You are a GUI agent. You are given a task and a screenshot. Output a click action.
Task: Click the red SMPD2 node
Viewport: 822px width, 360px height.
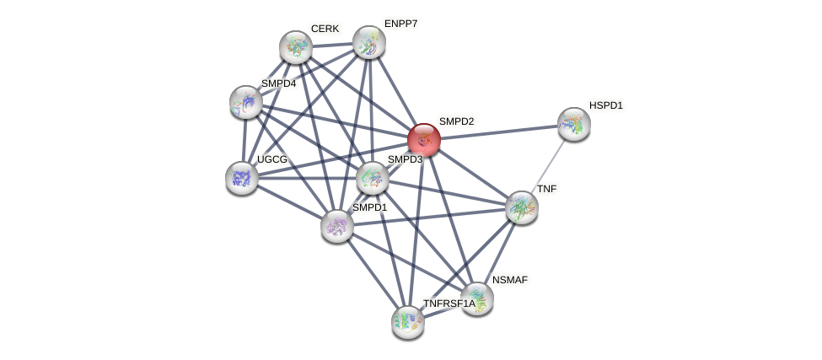[x=423, y=139]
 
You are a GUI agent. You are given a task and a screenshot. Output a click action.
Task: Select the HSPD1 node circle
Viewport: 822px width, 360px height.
[x=573, y=124]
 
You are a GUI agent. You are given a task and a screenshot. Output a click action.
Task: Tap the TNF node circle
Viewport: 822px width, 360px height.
[x=521, y=207]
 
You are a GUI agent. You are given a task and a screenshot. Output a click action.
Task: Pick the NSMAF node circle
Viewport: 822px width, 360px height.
[x=476, y=298]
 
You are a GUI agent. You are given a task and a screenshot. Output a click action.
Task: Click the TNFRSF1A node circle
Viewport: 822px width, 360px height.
[x=408, y=321]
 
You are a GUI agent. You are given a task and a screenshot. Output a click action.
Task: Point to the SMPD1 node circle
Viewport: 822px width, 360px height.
[x=337, y=225]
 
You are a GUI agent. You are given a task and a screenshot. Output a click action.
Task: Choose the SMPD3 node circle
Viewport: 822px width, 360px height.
[x=372, y=177]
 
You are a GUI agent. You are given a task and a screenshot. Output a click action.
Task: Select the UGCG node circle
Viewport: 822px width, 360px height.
[x=242, y=177]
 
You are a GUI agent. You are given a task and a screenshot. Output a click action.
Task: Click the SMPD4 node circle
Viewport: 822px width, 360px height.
[x=246, y=102]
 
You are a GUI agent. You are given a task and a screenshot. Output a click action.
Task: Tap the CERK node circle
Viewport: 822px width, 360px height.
[x=296, y=47]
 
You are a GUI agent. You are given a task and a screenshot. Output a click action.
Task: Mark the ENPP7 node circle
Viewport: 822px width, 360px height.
[x=368, y=42]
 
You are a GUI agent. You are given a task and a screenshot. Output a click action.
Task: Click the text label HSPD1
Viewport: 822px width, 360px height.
[x=605, y=105]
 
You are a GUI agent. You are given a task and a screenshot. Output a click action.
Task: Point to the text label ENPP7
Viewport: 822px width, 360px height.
[x=400, y=24]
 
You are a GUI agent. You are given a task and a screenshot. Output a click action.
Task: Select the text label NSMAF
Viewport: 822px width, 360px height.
[x=511, y=279]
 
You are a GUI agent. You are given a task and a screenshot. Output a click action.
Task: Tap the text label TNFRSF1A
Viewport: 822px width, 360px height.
[x=449, y=304]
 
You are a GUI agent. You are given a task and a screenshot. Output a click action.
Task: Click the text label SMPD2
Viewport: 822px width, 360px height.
[x=456, y=121]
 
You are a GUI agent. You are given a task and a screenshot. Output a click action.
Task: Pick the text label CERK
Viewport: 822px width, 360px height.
[x=325, y=29]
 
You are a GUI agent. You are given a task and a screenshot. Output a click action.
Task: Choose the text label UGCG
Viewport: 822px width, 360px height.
[x=272, y=159]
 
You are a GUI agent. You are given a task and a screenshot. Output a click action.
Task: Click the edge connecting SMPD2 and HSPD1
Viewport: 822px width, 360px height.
[x=498, y=132]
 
